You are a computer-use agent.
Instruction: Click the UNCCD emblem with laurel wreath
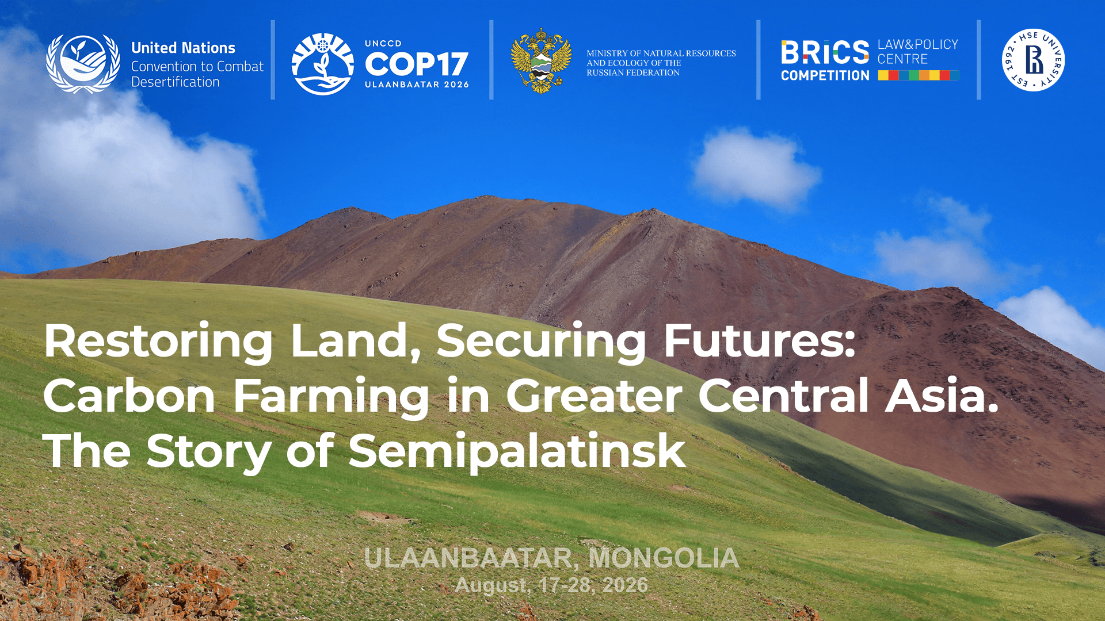pyautogui.click(x=83, y=63)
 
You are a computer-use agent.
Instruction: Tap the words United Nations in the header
pyautogui.click(x=183, y=48)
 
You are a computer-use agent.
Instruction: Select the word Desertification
pyautogui.click(x=176, y=82)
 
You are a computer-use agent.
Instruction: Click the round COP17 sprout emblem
pyautogui.click(x=322, y=63)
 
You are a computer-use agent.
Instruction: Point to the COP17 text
pyautogui.click(x=416, y=64)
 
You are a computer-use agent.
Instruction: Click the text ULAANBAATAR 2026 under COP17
pyautogui.click(x=417, y=85)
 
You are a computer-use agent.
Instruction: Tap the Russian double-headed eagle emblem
pyautogui.click(x=541, y=60)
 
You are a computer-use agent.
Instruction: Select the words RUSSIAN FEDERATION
pyautogui.click(x=633, y=73)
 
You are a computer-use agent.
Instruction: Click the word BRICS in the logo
pyautogui.click(x=825, y=52)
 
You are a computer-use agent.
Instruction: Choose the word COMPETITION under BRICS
pyautogui.click(x=825, y=75)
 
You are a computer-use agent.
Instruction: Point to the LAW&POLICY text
pyautogui.click(x=917, y=44)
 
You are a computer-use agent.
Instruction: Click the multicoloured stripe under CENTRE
pyautogui.click(x=919, y=75)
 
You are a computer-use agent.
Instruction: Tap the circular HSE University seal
pyautogui.click(x=1033, y=60)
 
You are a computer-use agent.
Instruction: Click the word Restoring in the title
pyautogui.click(x=158, y=342)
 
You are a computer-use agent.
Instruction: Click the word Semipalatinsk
pyautogui.click(x=517, y=451)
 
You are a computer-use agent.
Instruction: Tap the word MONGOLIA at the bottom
pyautogui.click(x=664, y=558)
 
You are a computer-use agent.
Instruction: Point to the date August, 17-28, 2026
pyautogui.click(x=551, y=585)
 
